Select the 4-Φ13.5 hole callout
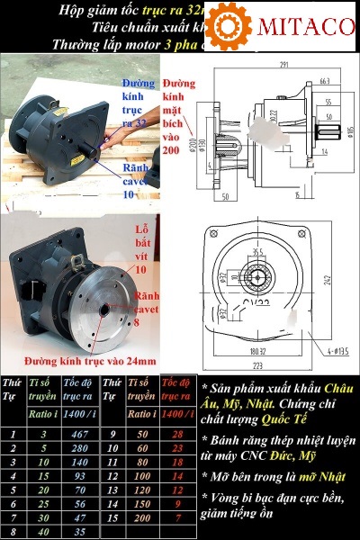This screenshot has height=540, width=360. pyautogui.click(x=337, y=347)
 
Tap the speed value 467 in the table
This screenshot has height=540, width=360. pyautogui.click(x=77, y=435)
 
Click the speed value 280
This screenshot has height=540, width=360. pyautogui.click(x=77, y=448)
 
